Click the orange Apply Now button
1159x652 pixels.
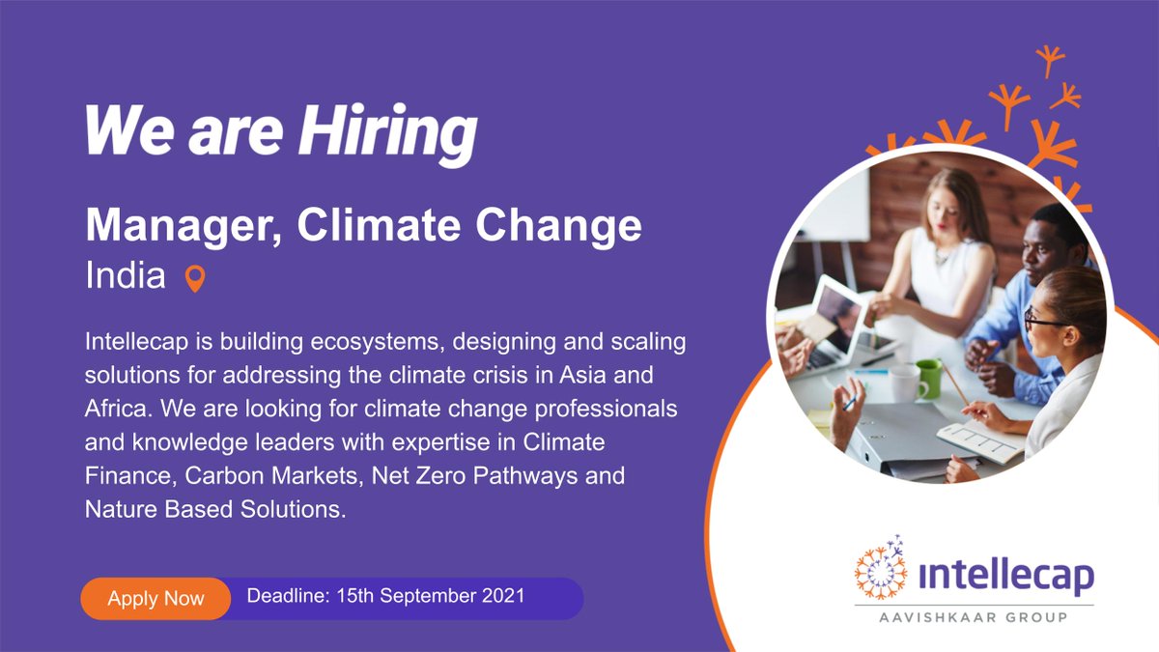(x=155, y=598)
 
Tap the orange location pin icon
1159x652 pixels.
(x=195, y=279)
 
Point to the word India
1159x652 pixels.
(x=126, y=277)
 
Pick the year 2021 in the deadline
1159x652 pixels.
(x=502, y=595)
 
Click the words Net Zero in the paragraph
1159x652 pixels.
(x=412, y=476)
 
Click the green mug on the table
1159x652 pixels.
(x=928, y=378)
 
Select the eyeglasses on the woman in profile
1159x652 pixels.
(x=1046, y=318)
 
